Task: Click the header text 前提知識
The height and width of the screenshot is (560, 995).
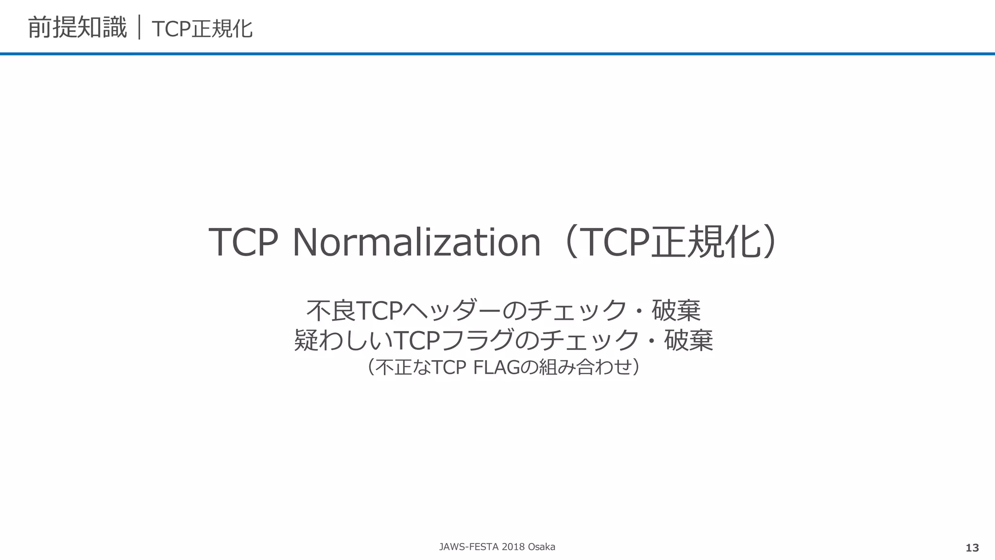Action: pos(77,28)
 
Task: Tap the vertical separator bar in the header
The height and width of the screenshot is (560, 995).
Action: pos(139,28)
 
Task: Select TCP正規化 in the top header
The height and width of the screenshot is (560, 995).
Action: pos(202,29)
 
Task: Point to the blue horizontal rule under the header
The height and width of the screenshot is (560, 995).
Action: pos(497,53)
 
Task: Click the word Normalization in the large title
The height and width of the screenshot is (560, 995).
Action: pos(416,242)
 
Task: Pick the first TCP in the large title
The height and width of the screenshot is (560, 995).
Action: pos(243,242)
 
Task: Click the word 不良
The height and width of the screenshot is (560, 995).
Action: pos(331,311)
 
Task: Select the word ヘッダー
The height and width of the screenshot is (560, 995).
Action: pos(452,311)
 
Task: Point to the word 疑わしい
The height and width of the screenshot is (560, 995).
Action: pos(343,340)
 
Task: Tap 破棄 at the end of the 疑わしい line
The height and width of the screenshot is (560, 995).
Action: pos(688,340)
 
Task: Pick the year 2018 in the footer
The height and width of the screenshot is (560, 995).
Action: pos(513,547)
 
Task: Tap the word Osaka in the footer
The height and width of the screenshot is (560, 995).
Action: pos(541,547)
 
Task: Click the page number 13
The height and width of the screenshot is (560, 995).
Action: pos(972,548)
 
